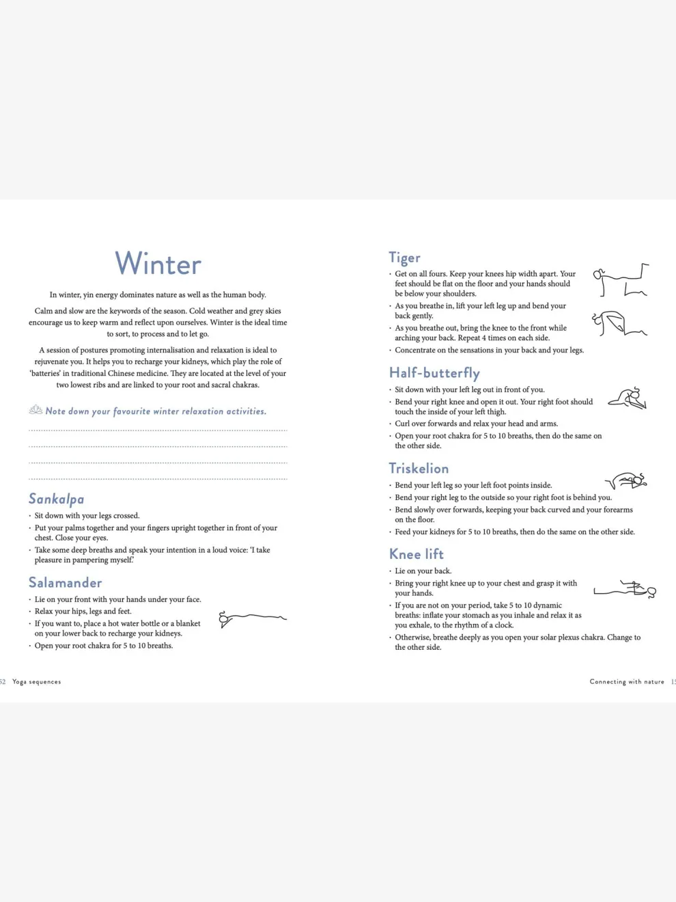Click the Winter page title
[x=158, y=264]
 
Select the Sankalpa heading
[x=56, y=499]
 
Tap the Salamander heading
[x=65, y=583]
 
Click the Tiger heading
[x=404, y=258]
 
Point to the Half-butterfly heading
[x=434, y=373]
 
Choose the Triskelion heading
[x=419, y=469]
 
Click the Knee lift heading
[x=416, y=554]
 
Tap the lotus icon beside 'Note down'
[x=36, y=410]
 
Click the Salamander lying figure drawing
[x=252, y=618]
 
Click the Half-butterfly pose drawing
[x=628, y=398]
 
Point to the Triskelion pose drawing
[x=626, y=481]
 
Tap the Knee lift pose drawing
[x=625, y=590]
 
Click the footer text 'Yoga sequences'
[x=37, y=682]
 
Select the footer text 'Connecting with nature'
[x=627, y=682]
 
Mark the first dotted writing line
[x=158, y=430]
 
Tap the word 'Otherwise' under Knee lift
[x=412, y=638]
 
